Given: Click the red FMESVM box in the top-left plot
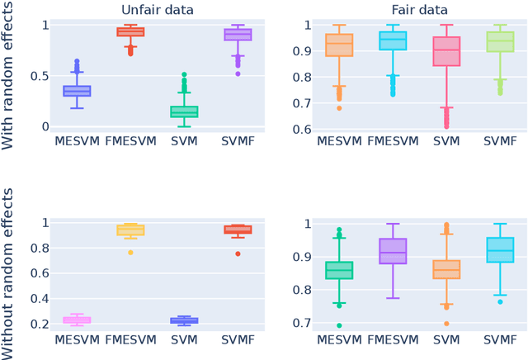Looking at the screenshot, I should (x=130, y=31).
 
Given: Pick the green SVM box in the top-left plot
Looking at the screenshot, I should (x=184, y=111).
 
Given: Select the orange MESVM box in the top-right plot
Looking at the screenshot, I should (x=340, y=45).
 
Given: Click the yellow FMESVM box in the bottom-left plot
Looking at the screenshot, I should (x=130, y=230).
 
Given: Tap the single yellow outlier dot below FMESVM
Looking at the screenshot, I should (x=130, y=252).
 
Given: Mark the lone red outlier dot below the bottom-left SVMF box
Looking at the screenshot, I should (x=238, y=253).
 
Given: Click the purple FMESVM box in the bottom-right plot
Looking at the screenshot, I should (x=394, y=251).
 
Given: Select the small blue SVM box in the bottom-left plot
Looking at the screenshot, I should (x=184, y=320).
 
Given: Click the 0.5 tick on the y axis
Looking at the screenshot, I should (x=33, y=76).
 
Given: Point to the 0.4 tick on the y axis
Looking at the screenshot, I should (x=33, y=299).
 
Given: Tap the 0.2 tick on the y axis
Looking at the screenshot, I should (x=33, y=324).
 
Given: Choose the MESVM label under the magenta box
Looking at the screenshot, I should (x=77, y=339).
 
